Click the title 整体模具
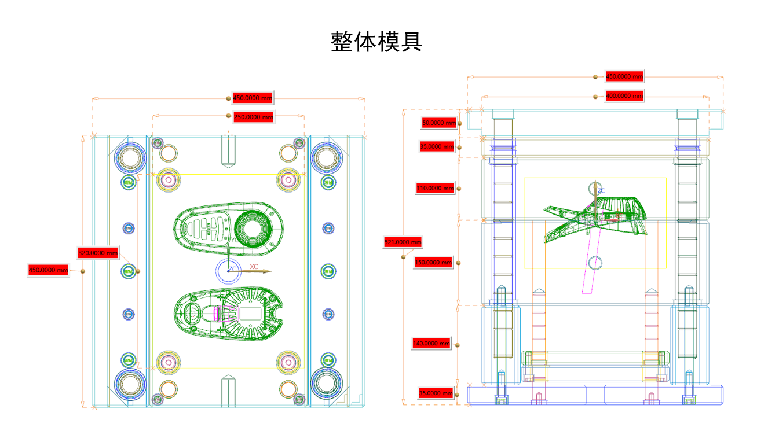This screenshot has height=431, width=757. coord(376,42)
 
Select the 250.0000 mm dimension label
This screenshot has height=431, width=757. coord(253,117)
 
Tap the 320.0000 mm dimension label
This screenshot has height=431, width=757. coord(98,253)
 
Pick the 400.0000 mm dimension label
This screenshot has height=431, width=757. coord(624,97)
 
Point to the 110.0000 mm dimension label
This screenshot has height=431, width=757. coord(435,188)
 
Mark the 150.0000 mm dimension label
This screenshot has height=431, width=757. coord(433,263)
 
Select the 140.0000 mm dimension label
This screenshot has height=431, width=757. coord(431,343)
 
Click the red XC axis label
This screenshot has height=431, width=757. coord(254,267)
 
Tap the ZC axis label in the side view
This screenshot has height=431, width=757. coord(601,190)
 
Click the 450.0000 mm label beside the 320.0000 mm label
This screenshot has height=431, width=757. coord(49,270)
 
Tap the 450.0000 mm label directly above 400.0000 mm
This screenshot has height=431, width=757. coord(624,76)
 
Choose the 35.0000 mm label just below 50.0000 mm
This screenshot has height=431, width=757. coord(437,146)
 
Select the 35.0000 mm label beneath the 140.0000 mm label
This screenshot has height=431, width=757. coord(436,393)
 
